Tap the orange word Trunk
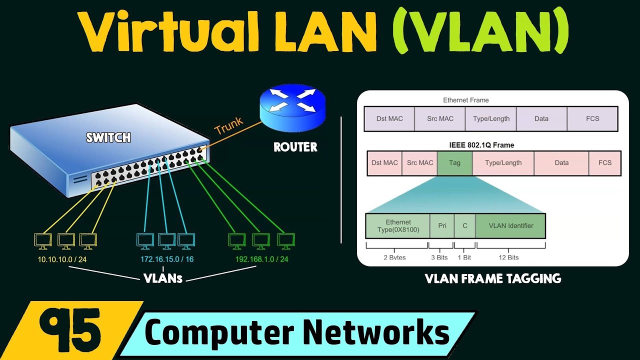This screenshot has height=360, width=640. pyautogui.click(x=228, y=125)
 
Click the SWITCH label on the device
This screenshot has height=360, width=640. pyautogui.click(x=108, y=137)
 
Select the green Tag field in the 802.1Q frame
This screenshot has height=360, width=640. pyautogui.click(x=454, y=163)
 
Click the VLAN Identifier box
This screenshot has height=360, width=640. pyautogui.click(x=510, y=226)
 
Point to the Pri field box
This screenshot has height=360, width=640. pyautogui.click(x=442, y=226)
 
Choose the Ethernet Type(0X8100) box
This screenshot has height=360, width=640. pyautogui.click(x=398, y=226)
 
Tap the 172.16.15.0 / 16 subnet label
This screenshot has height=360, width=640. pyautogui.click(x=167, y=259)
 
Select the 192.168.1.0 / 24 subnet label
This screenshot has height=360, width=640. pyautogui.click(x=261, y=259)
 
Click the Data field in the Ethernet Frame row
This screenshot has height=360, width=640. pyautogui.click(x=541, y=119)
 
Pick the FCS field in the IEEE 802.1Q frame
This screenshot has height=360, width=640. pyautogui.click(x=604, y=163)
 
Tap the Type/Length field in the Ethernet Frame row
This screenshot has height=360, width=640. pyautogui.click(x=490, y=119)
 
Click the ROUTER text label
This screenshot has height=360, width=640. pyautogui.click(x=295, y=147)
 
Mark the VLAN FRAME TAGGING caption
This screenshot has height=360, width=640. pyautogui.click(x=492, y=279)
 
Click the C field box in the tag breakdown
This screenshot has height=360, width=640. pyautogui.click(x=465, y=226)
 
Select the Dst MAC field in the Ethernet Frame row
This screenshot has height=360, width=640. pyautogui.click(x=389, y=119)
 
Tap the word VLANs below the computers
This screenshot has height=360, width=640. pyautogui.click(x=163, y=278)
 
